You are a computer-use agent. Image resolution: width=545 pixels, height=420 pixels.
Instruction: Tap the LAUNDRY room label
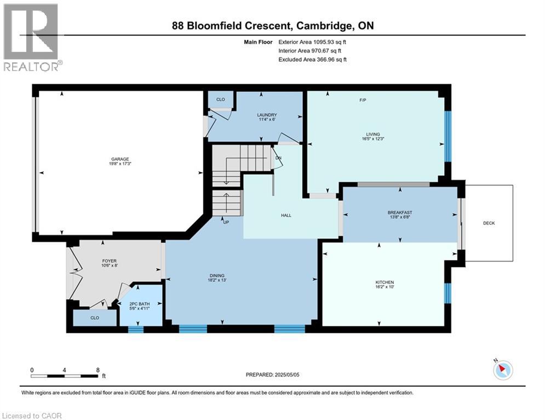point(267,115)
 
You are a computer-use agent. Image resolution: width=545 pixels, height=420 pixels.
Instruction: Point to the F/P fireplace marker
point(363,100)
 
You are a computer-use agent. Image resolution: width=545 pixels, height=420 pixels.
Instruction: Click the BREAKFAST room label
point(399,212)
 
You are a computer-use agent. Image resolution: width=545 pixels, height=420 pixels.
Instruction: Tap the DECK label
point(489,223)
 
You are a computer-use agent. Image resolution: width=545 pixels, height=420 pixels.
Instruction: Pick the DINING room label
point(217,276)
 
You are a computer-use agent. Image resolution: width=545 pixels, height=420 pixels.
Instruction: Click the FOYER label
point(110,261)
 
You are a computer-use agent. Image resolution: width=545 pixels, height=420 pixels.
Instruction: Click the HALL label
point(286,215)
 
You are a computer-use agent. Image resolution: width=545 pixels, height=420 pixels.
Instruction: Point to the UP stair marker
point(225,222)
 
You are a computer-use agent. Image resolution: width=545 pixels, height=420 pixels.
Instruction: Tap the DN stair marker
point(278,158)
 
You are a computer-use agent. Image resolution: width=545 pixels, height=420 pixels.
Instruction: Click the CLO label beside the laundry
point(221,100)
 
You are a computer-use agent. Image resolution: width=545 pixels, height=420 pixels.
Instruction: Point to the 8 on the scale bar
point(97,370)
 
